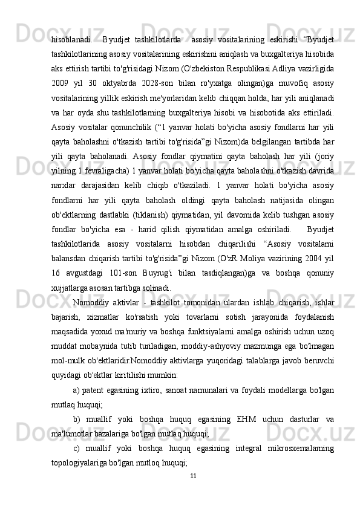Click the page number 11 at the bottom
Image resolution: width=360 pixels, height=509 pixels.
pos(192,475)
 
